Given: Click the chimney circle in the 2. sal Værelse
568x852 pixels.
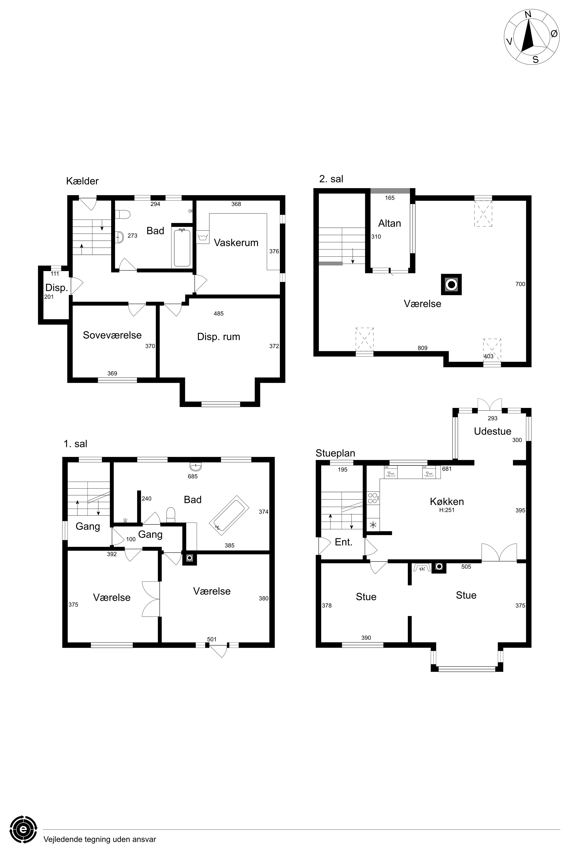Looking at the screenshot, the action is click(451, 284).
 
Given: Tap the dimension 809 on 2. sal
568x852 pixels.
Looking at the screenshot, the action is click(422, 348).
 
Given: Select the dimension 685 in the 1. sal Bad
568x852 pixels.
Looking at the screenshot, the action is click(193, 476).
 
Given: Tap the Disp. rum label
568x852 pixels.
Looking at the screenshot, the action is click(219, 337).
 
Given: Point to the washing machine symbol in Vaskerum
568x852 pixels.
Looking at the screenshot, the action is click(203, 237).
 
